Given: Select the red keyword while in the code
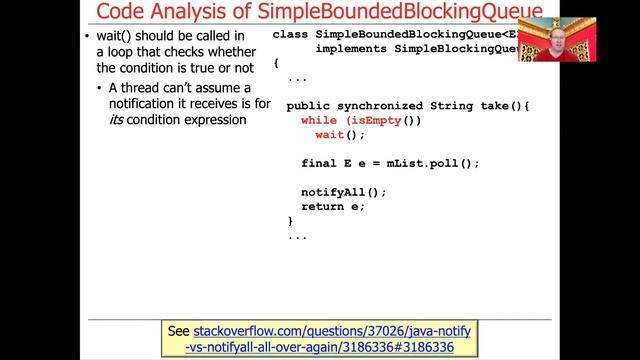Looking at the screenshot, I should pos(319,120).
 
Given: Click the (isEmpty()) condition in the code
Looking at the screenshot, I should pos(385,120).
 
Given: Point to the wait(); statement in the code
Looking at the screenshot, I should pos(341,134).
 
